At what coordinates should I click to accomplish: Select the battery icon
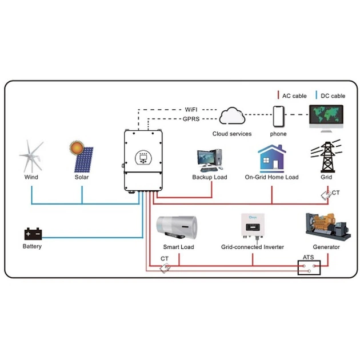coord(32,234)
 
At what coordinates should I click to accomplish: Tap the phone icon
coord(279,117)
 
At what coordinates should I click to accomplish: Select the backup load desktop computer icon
coord(209,160)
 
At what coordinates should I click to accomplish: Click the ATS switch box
coord(309,267)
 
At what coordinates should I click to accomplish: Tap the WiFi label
coord(191,109)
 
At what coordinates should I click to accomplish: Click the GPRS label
coord(191,119)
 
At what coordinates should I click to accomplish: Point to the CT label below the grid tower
coord(335,193)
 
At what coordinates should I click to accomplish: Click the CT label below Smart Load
coord(165,259)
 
